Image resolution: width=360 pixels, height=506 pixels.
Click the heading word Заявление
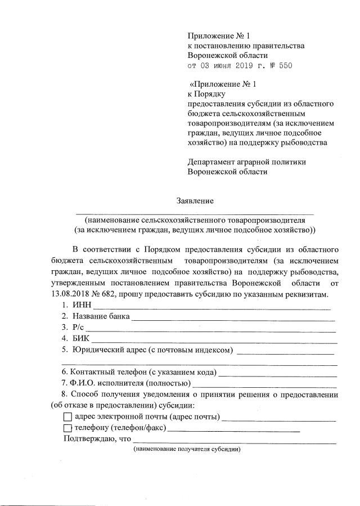[x=195, y=200]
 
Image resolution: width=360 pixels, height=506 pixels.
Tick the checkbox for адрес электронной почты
[x=67, y=417]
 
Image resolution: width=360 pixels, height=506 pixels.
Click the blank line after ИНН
[x=211, y=306]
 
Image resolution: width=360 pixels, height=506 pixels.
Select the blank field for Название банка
[x=233, y=317]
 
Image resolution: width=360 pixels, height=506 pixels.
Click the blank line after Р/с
[x=210, y=328]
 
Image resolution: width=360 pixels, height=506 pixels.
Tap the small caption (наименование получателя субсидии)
[x=187, y=449]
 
